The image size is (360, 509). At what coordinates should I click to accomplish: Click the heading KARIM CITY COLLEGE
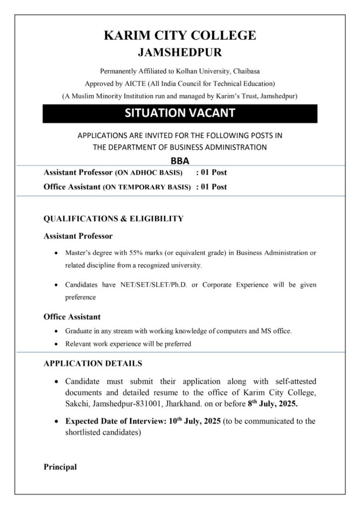coord(180,35)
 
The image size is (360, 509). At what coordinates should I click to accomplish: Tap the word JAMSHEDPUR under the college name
coord(180,52)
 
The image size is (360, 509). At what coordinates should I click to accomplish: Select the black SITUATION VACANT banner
coord(180,113)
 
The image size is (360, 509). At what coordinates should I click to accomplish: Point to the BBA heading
coord(180,161)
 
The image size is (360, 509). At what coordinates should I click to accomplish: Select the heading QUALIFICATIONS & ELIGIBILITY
coord(113,218)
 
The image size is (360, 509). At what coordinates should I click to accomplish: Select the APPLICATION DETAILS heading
coord(92,363)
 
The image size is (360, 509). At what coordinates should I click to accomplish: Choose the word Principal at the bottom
coord(60,467)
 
